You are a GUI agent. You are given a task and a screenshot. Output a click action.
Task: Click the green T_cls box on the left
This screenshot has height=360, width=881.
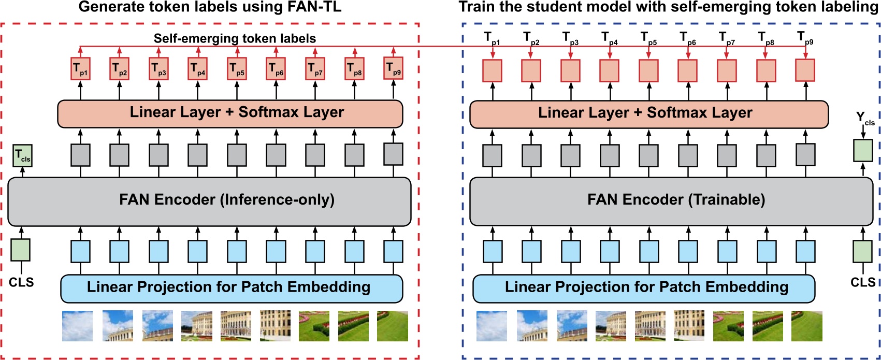click(x=22, y=156)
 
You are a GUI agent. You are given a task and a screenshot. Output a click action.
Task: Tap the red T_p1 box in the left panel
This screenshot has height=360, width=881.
click(x=80, y=69)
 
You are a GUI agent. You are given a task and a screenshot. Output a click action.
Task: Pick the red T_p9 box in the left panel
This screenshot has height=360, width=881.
click(x=393, y=68)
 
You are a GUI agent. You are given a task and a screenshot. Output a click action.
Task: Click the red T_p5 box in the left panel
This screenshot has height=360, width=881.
click(x=237, y=69)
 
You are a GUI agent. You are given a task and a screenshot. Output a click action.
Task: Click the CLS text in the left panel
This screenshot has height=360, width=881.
click(x=21, y=282)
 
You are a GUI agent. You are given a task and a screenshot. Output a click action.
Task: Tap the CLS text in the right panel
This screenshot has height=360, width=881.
click(x=862, y=282)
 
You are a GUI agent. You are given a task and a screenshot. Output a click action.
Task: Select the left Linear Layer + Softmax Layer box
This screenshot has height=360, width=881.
click(x=230, y=113)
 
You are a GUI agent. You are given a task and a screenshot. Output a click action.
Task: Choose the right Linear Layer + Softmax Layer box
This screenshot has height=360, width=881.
click(x=648, y=113)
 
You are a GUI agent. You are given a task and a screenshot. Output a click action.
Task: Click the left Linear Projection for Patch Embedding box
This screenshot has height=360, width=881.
click(x=231, y=288)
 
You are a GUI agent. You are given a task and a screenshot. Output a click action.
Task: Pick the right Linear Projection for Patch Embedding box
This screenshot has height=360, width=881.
click(x=643, y=288)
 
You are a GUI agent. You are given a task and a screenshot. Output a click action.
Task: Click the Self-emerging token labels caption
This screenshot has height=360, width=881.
click(x=234, y=38)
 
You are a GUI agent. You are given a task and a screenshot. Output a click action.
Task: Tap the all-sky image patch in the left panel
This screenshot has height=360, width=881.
click(x=78, y=326)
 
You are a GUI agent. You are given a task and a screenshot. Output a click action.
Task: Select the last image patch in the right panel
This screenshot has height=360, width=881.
click(x=806, y=326)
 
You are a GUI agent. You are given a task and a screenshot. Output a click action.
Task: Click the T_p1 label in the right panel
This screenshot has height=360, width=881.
click(x=492, y=38)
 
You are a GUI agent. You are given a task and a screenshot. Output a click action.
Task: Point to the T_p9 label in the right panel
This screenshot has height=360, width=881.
click(x=804, y=38)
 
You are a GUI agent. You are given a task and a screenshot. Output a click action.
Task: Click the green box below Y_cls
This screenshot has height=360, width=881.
click(x=862, y=150)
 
